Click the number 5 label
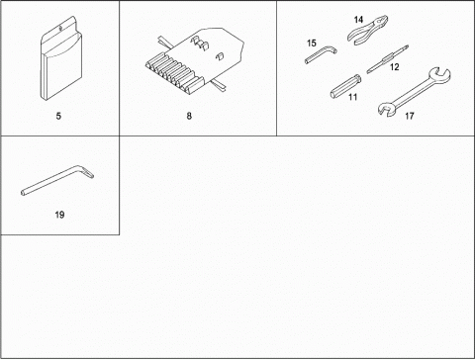pos(58,116)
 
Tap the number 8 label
pos(189,116)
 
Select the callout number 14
pos(358,20)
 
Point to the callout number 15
pos(312,44)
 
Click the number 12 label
pos(395,67)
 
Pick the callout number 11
pos(352,97)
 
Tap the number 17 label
pos(410,116)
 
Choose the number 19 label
pos(59,215)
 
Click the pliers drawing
pos(367,31)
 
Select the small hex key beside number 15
pos(321,55)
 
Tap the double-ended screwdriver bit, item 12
pos(388,59)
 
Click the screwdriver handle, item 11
pos(345,86)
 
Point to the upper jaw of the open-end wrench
pos(439,74)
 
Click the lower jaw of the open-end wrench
pos(386,109)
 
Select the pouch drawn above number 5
pos(61,58)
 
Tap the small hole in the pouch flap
pos(60,29)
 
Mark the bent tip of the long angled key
pos(88,172)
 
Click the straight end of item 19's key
pos(23,193)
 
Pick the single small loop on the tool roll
pos(221,56)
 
